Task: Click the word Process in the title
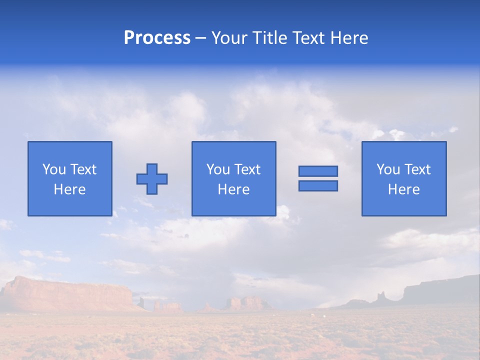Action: [x=157, y=38]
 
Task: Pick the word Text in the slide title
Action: [x=307, y=38]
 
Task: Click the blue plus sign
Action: [x=152, y=179]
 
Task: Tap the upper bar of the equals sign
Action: [x=318, y=171]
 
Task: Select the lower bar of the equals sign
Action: [x=318, y=185]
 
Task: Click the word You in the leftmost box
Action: [x=54, y=169]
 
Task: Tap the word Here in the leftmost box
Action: [x=69, y=189]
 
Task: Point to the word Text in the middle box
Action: [x=248, y=169]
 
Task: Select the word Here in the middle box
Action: [x=233, y=189]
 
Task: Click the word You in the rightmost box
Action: [x=388, y=169]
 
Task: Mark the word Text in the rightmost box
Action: [x=418, y=169]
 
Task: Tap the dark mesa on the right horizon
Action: [x=440, y=292]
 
